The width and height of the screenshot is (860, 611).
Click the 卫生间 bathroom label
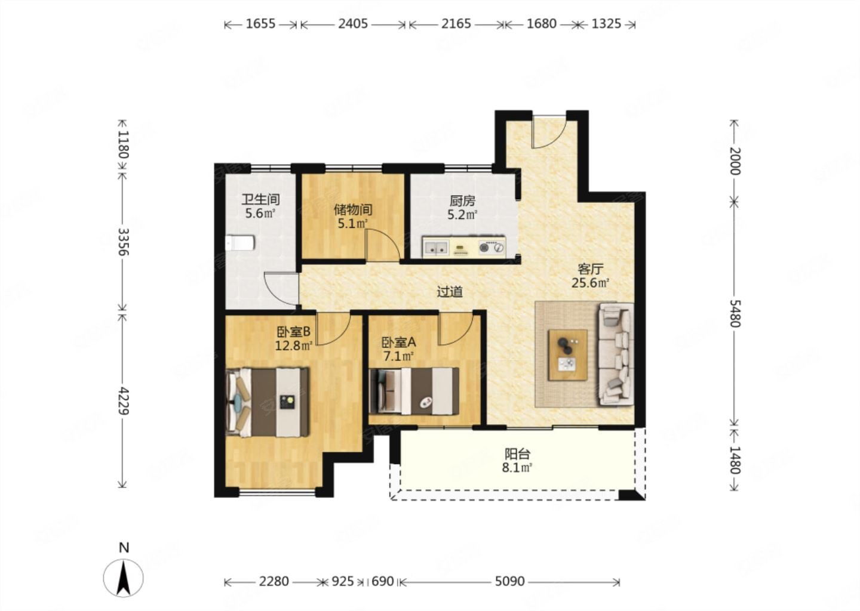(x=260, y=199)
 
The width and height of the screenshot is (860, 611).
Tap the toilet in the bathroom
(x=240, y=243)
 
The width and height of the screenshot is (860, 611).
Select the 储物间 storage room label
(x=353, y=209)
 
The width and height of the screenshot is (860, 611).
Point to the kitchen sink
(x=436, y=248)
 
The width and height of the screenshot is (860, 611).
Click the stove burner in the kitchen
(x=492, y=248)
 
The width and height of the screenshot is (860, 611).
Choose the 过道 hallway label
(x=450, y=292)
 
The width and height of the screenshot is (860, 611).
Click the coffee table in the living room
(x=568, y=355)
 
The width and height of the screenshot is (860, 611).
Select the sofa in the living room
(x=616, y=354)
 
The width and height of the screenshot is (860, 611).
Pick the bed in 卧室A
(x=414, y=391)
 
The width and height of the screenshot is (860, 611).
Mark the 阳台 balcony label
(x=517, y=454)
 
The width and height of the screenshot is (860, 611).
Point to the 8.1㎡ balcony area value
(x=517, y=468)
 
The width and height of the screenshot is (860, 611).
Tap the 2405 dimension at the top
(x=353, y=24)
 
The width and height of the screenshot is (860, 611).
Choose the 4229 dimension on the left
(x=123, y=400)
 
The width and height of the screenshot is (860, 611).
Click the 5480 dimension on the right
(x=734, y=313)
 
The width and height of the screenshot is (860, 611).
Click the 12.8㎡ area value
(x=294, y=345)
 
